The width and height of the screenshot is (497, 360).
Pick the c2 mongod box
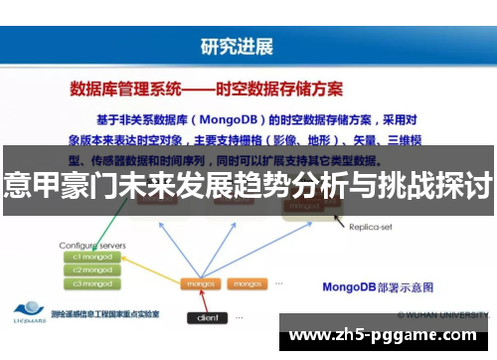coord(91,270)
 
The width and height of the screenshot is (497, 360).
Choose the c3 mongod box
coord(91,283)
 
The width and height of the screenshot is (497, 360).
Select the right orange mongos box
coord(245,283)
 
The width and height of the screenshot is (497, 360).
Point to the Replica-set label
coord(373,228)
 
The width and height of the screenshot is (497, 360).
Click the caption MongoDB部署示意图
coord(378,288)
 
